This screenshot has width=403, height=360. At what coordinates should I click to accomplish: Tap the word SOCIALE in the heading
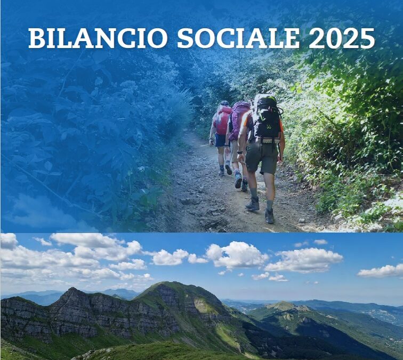tap(238, 38)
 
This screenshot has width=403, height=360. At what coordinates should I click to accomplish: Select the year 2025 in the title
tap(342, 38)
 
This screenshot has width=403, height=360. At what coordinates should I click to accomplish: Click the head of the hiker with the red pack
tap(224, 103)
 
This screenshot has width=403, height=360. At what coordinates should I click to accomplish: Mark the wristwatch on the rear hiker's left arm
tap(240, 153)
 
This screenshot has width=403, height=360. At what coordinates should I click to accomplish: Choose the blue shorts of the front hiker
tap(220, 140)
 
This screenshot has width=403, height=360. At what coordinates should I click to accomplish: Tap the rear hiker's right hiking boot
tap(270, 216)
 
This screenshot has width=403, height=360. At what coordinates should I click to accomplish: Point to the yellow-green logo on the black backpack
tap(268, 126)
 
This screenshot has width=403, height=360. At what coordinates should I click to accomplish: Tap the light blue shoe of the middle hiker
tap(238, 180)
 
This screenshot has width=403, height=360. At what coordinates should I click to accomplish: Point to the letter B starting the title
tap(37, 38)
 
